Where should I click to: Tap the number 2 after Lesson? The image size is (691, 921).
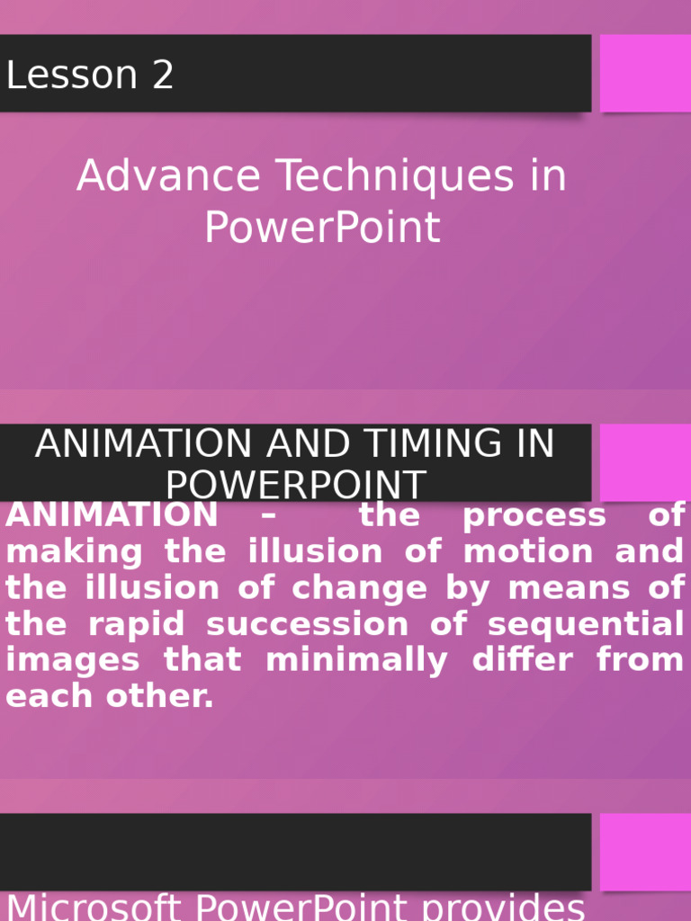coord(163,76)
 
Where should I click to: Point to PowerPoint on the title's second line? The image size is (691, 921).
coord(322,228)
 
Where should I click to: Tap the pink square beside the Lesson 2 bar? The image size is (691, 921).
coord(645,73)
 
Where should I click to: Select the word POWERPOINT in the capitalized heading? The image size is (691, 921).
coord(295,486)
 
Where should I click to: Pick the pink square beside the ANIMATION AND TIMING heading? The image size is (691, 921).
coord(645,462)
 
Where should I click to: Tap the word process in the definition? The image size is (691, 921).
coord(534,516)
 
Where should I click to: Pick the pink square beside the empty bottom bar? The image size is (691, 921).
coord(645,852)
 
